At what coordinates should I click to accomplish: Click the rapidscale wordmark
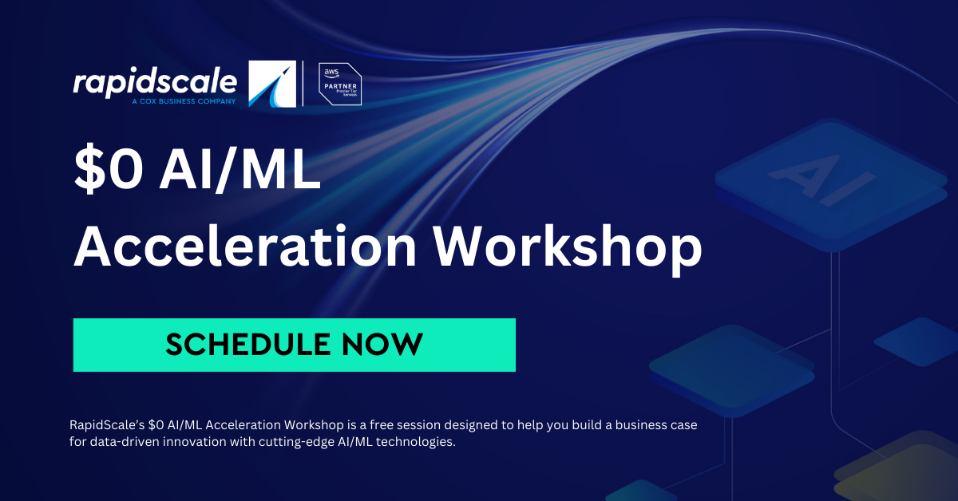(x=155, y=82)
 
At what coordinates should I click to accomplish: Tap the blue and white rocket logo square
(x=272, y=84)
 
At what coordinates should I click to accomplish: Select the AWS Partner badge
(x=340, y=84)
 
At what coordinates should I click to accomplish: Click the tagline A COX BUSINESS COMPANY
(x=185, y=101)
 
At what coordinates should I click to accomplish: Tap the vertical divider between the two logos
(x=303, y=84)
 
